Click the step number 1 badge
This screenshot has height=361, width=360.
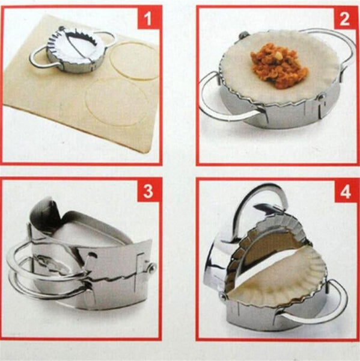pyautogui.click(x=148, y=20)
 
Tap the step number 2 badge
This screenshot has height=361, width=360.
pyautogui.click(x=344, y=19)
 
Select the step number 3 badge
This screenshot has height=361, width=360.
pyautogui.click(x=148, y=193)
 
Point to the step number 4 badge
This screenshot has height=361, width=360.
pyautogui.click(x=344, y=193)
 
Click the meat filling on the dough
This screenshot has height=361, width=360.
pyautogui.click(x=279, y=66)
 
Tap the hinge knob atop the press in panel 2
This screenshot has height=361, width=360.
pyautogui.click(x=244, y=35)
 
